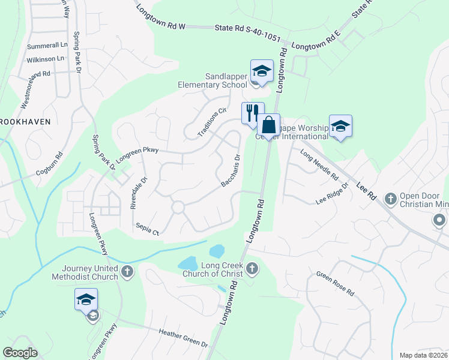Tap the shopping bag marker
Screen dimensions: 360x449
(269, 125)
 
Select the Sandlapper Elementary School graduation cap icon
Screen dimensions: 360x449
(262, 70)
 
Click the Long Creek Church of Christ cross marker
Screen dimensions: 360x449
(252, 269)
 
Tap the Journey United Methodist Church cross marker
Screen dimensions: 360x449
(127, 272)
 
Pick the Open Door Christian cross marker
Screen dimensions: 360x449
(390, 197)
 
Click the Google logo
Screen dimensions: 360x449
(20, 353)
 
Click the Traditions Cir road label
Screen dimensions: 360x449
(213, 122)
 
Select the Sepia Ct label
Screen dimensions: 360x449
(148, 230)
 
